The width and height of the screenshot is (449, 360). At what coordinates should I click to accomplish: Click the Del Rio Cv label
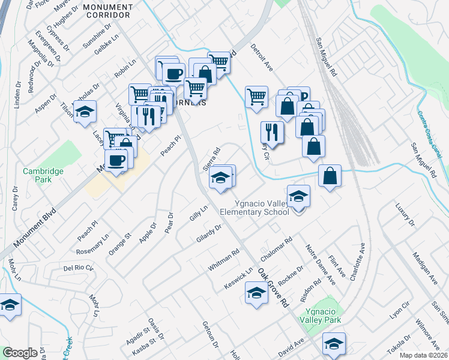(77, 268)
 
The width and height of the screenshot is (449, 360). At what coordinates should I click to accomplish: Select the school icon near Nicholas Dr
(85, 112)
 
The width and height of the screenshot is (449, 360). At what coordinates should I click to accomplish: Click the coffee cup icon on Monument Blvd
(116, 160)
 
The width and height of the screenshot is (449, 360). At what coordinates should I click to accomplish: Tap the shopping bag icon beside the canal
(330, 175)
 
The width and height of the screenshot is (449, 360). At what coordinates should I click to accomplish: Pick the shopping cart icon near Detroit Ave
(256, 96)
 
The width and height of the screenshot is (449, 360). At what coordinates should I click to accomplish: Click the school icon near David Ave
(333, 343)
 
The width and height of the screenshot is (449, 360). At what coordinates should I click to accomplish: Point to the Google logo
(20, 353)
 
